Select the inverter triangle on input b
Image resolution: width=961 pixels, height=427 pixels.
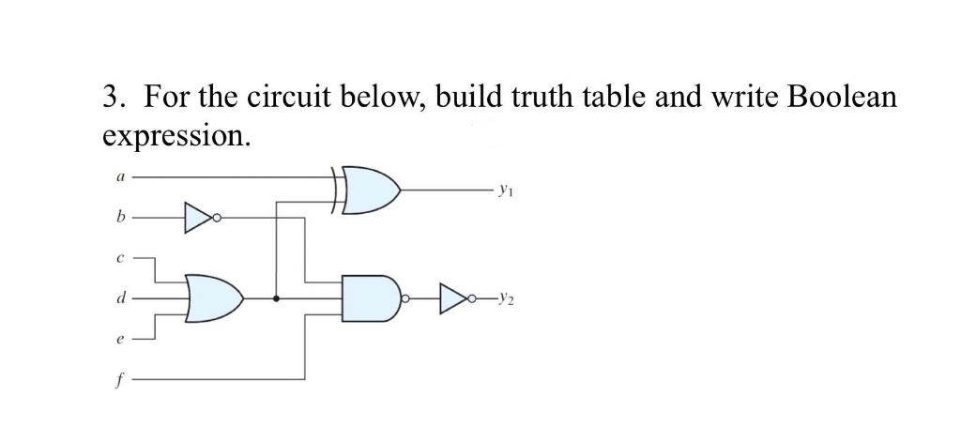click(196, 217)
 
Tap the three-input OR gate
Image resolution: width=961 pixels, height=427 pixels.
click(213, 298)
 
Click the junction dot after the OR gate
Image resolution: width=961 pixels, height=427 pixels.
click(275, 298)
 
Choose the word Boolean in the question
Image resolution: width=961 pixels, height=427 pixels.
click(844, 98)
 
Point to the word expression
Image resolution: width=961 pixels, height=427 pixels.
click(175, 137)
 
